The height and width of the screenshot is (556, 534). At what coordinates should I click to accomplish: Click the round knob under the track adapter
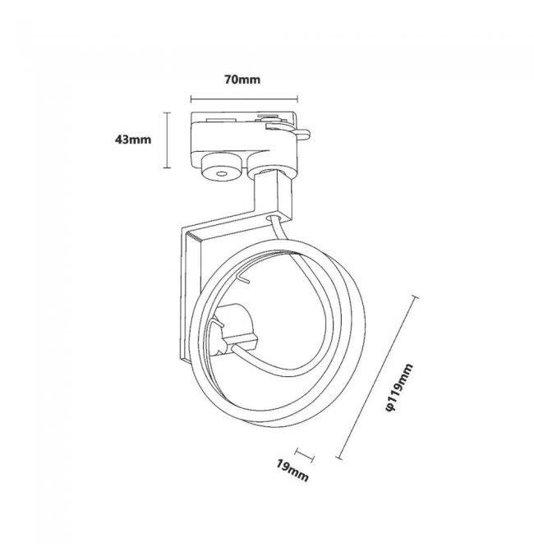pos(220,172)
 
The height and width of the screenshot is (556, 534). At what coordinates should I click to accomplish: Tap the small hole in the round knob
pos(221,175)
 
